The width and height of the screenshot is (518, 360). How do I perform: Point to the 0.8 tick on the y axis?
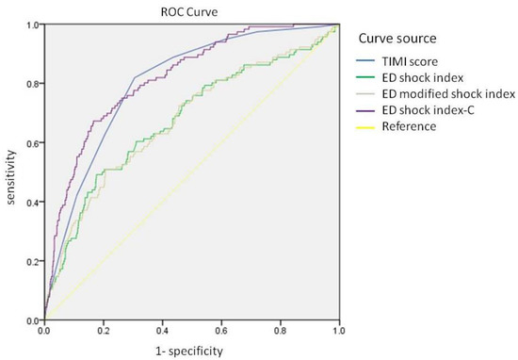pos(31,84)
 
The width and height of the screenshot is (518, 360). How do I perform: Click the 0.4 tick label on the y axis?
pos(31,203)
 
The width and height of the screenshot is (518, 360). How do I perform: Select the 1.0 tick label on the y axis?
pos(31,25)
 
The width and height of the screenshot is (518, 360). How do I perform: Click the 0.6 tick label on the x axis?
pos(221,332)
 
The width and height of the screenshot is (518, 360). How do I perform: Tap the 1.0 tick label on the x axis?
pos(339,332)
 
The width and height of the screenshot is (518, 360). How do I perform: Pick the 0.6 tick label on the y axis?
pos(31,143)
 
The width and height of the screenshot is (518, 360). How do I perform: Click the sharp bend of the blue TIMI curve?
pos(134,77)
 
